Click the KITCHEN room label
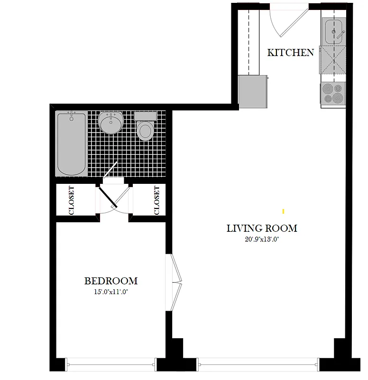point(290,52)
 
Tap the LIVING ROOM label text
point(262,228)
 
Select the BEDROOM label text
point(111,281)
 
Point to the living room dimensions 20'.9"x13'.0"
point(262,240)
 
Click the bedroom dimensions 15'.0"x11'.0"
point(111,292)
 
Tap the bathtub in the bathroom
point(72,143)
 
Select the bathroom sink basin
point(110,123)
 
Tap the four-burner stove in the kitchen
point(332,93)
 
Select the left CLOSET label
point(72,200)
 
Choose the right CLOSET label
point(157,200)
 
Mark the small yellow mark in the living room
point(283,210)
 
